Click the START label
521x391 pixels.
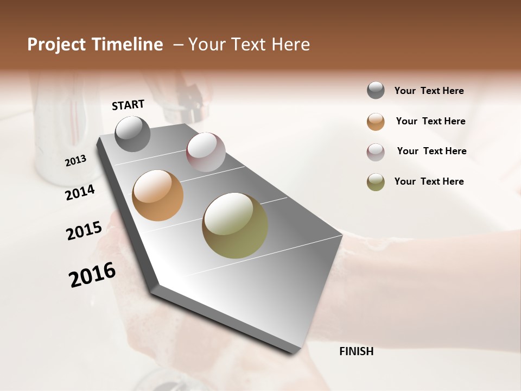tap(128, 105)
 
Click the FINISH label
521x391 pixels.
tap(357, 351)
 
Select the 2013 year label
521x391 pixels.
tap(75, 161)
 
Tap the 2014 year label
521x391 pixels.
tap(80, 192)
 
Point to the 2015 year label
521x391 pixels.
tap(84, 230)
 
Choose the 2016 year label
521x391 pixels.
tap(92, 275)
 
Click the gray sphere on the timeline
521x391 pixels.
tap(133, 134)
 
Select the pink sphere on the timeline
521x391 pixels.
tap(206, 152)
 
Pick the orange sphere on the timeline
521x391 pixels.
tap(158, 195)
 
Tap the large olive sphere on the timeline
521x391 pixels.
tap(235, 225)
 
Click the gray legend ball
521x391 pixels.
tap(376, 90)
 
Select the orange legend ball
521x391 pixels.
tap(376, 122)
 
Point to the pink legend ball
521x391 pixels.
tap(376, 152)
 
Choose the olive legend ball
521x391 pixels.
tap(376, 182)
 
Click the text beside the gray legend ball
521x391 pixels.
tap(429, 91)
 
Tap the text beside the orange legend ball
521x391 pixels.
tap(430, 121)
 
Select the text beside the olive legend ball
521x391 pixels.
tap(429, 181)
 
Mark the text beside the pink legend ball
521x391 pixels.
tap(431, 151)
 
